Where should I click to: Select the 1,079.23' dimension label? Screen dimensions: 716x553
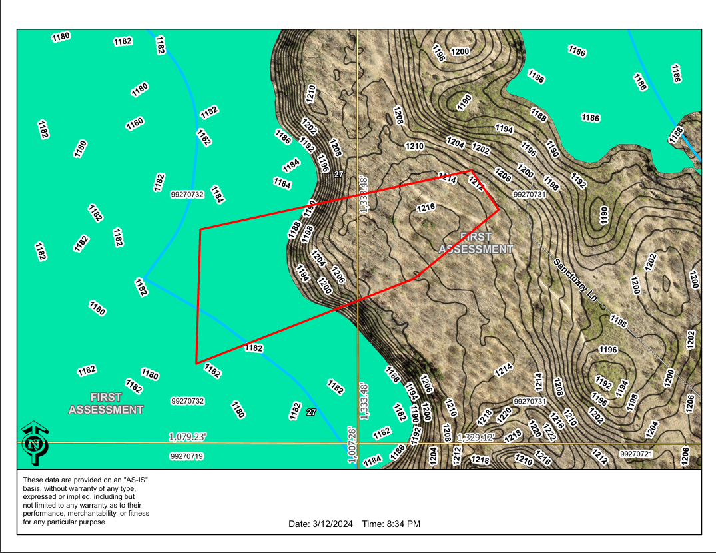[x=188, y=437]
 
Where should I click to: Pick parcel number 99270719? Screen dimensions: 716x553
[x=187, y=456]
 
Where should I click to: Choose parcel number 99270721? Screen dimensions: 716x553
[x=636, y=454]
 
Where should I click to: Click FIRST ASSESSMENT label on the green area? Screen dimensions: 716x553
[x=106, y=404]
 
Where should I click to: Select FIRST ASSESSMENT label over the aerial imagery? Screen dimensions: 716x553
[x=476, y=243]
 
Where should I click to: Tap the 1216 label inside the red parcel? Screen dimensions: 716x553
[x=426, y=208]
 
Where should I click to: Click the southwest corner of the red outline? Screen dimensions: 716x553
[x=196, y=363]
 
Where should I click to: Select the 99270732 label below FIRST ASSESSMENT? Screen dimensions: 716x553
[x=187, y=401]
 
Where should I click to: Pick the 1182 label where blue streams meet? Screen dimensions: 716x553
[x=141, y=287]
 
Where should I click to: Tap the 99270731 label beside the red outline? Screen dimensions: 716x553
[x=530, y=194]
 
